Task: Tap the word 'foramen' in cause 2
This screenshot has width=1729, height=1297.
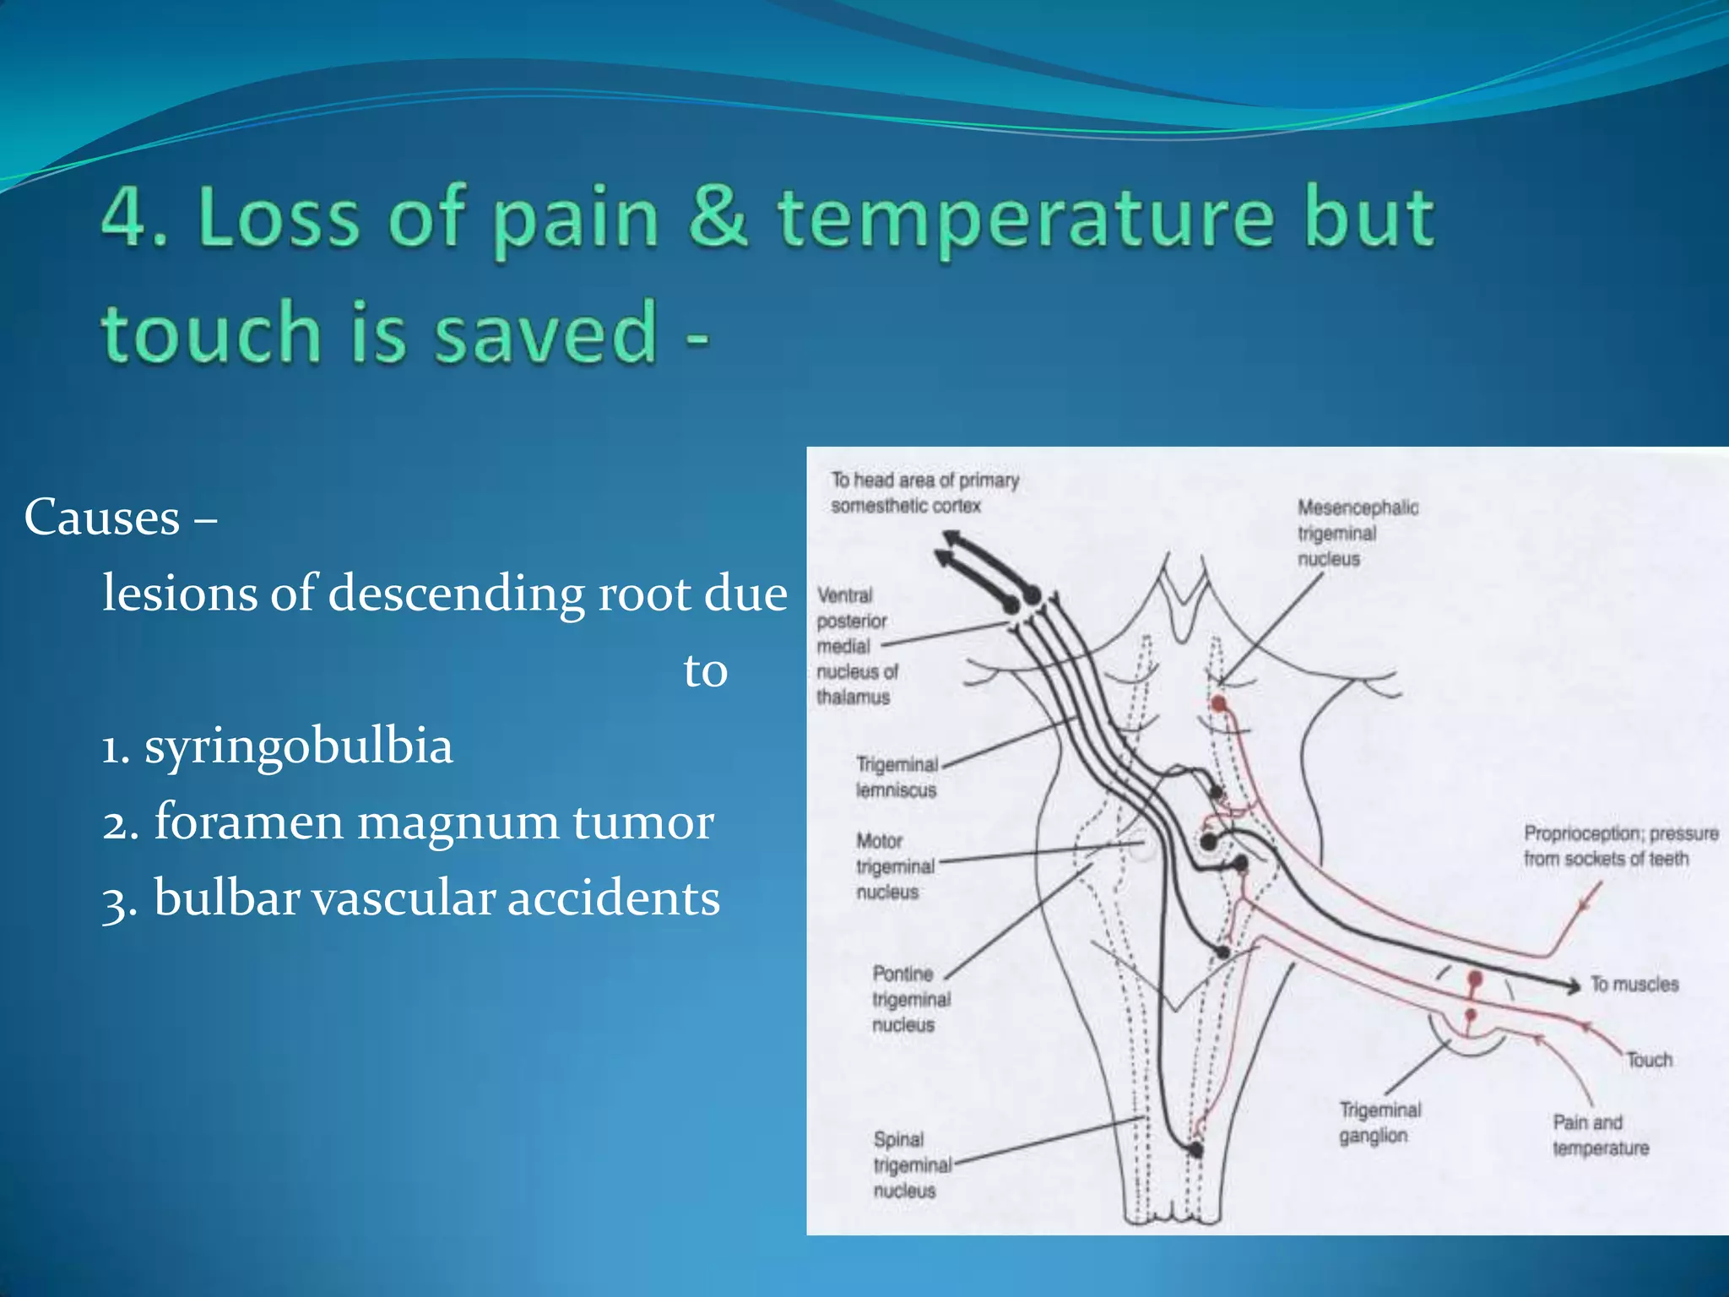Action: (x=249, y=822)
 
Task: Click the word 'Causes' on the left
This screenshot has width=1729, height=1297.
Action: (x=102, y=517)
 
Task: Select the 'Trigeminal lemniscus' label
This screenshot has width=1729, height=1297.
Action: (x=897, y=777)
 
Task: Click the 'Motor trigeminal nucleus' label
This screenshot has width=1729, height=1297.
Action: (x=894, y=866)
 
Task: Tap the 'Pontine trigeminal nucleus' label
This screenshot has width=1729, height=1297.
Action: (x=910, y=999)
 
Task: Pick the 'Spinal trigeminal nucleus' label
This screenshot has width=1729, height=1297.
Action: (x=910, y=1165)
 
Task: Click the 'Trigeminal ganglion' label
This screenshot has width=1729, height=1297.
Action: (x=1379, y=1122)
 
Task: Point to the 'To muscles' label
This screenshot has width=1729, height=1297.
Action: (x=1634, y=985)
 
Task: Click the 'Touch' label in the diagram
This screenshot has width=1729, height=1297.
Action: (x=1649, y=1060)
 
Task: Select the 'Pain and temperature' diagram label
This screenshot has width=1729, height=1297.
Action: (x=1599, y=1135)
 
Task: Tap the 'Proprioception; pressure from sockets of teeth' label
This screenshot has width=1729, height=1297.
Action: (x=1619, y=846)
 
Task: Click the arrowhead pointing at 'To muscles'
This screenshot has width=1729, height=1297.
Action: (x=1573, y=985)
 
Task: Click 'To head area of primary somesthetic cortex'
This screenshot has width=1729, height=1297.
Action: (x=924, y=492)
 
